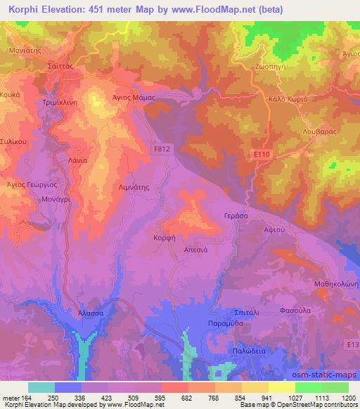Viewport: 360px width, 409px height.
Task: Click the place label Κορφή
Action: (164, 238)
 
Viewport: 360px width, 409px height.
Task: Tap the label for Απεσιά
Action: (194, 249)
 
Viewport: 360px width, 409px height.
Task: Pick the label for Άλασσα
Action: (91, 312)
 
